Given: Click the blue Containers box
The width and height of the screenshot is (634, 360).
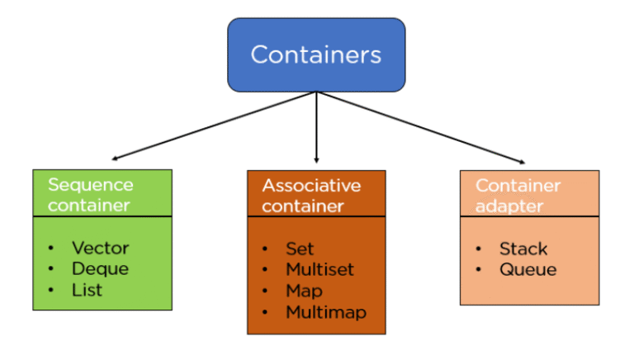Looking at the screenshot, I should coord(316,54).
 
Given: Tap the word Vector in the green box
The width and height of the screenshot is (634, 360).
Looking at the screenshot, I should coord(100,248).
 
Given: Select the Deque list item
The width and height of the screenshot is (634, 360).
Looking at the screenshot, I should coord(100,268).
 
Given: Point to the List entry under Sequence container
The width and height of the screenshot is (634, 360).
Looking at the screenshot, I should coord(87,289).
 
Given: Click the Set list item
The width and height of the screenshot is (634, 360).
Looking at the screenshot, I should coord(300,249).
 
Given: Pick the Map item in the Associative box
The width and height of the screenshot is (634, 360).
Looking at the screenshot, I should coord(304,291).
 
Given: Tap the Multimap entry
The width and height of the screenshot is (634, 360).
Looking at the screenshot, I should coord(325,312).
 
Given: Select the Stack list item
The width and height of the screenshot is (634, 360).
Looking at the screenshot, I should coord(523,249).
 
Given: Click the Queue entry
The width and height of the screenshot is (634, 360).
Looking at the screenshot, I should coord(528,269).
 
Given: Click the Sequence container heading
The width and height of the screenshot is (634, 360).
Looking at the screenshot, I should coord(90,194).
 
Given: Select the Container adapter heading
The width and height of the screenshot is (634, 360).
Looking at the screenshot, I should coord(518,195).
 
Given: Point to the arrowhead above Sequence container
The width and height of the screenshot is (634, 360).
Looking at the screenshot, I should coord(116,158).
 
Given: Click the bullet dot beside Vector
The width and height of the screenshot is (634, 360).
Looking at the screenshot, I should coord(51,248).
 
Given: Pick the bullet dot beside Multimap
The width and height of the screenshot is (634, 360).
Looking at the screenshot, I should coord(265,312).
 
